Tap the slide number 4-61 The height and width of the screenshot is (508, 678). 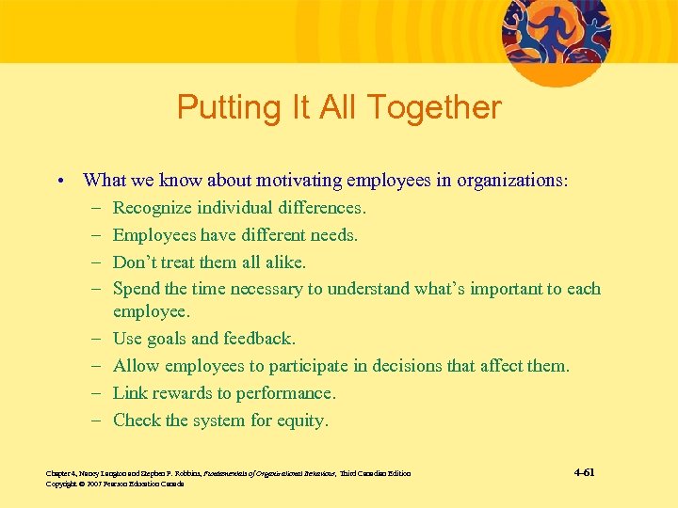(x=583, y=471)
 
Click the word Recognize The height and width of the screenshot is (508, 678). (x=153, y=207)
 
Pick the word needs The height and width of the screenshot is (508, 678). (x=335, y=234)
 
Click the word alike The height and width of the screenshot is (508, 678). (x=284, y=262)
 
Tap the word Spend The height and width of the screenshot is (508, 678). (x=136, y=289)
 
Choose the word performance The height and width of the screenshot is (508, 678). (x=289, y=392)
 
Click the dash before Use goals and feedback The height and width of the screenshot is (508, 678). (x=98, y=338)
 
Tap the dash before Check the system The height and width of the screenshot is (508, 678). (x=98, y=421)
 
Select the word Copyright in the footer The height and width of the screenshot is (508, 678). (x=61, y=484)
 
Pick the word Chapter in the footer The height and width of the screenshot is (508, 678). (x=58, y=472)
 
